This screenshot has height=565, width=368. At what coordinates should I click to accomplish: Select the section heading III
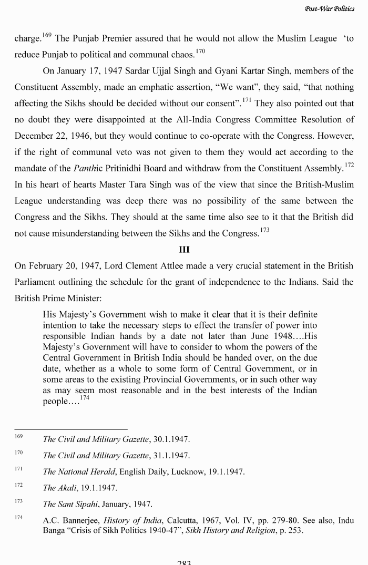pos(184,250)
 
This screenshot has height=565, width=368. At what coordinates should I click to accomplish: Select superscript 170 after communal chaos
pos(200,52)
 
